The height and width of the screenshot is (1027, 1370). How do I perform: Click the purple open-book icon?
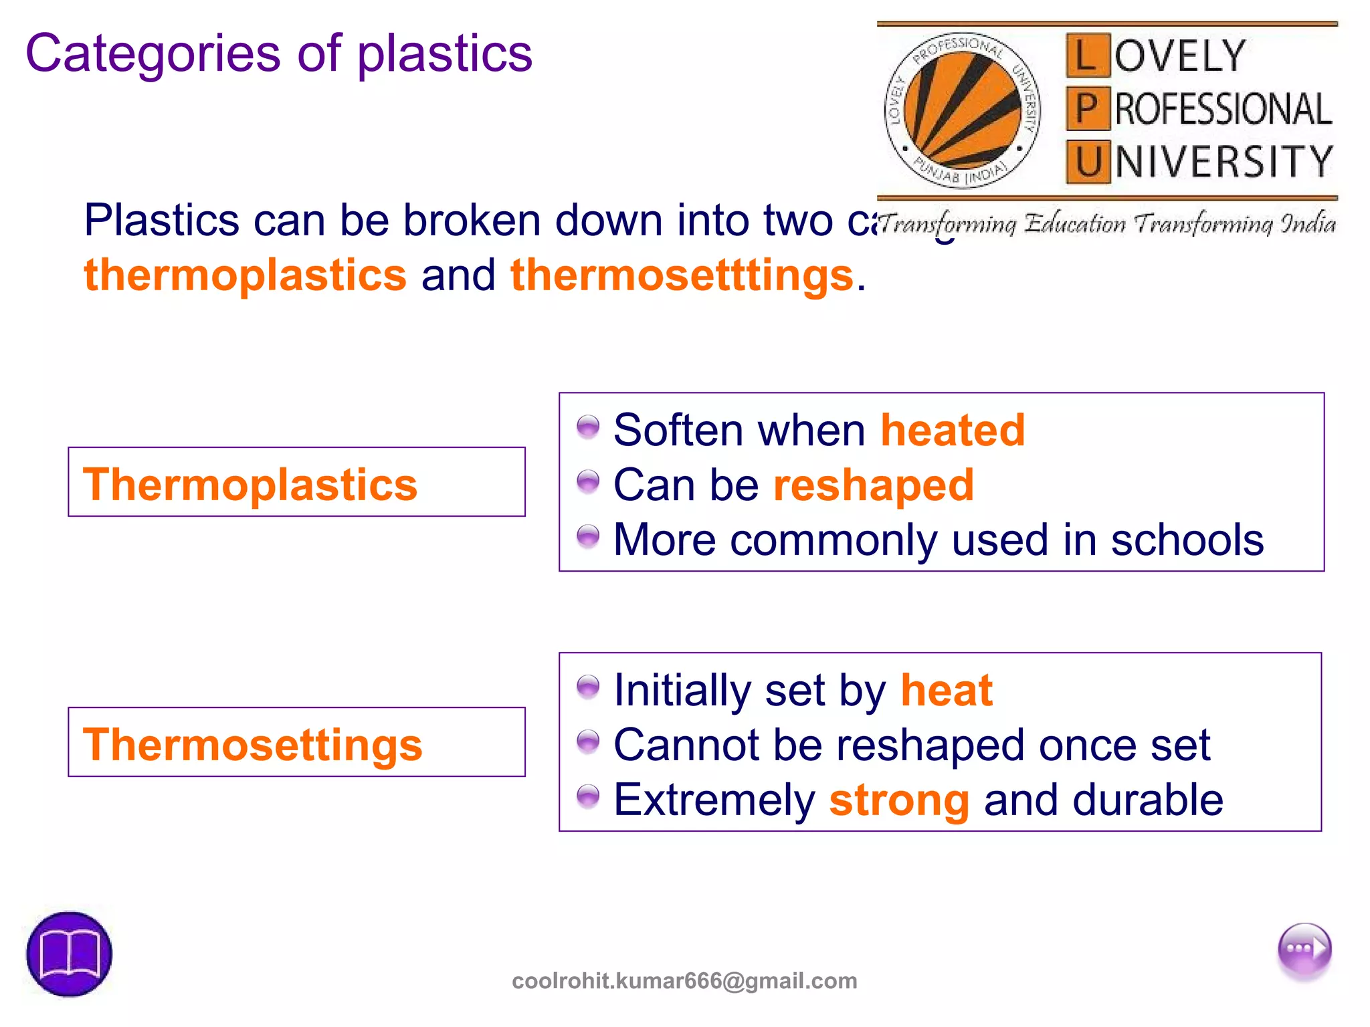click(x=70, y=954)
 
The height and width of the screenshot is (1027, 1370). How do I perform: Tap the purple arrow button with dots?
click(x=1304, y=949)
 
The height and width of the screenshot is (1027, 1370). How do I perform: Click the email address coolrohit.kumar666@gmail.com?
click(x=684, y=981)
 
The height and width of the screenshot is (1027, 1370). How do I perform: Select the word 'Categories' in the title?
click(x=153, y=53)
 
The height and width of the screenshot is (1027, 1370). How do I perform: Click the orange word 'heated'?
click(x=953, y=430)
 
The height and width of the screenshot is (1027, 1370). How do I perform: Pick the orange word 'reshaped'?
click(x=874, y=485)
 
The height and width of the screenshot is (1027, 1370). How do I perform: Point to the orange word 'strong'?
click(x=899, y=800)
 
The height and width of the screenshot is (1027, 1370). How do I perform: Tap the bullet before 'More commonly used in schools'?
click(x=588, y=536)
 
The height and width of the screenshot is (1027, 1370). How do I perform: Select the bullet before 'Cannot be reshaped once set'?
click(x=588, y=741)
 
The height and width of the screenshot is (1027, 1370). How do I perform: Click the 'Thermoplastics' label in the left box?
click(x=250, y=484)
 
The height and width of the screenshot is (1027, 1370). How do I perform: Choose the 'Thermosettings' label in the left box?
click(x=253, y=744)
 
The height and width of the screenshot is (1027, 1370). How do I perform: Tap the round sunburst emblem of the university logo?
click(x=962, y=110)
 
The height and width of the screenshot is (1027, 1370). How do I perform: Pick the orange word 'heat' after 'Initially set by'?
click(x=947, y=690)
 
